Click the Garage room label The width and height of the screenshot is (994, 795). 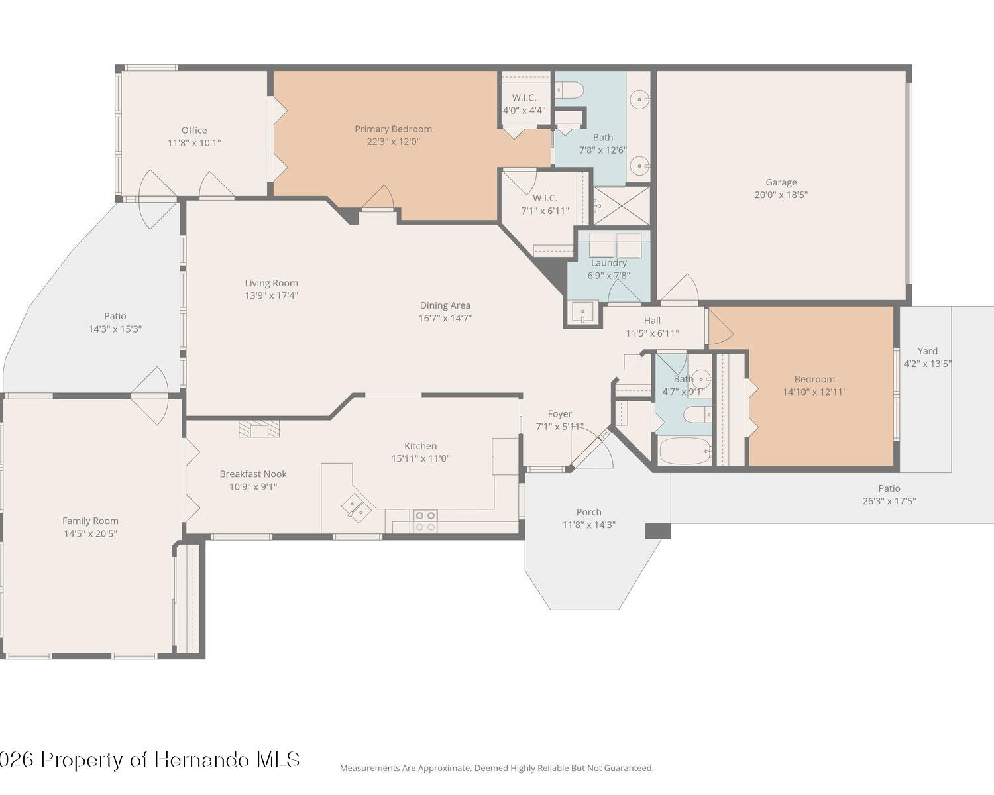click(781, 182)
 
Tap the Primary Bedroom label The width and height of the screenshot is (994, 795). click(393, 129)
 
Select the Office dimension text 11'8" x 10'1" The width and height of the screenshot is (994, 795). click(194, 143)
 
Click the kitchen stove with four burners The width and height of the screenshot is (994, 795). click(425, 521)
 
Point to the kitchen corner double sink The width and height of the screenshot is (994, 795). click(356, 508)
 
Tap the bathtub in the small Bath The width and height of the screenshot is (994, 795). click(685, 451)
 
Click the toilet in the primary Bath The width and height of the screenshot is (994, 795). click(569, 89)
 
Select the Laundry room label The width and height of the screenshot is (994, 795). click(609, 263)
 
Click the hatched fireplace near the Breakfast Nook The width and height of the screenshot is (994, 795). click(259, 429)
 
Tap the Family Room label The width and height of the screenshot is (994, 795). click(90, 521)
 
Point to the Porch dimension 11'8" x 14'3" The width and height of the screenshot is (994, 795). click(589, 525)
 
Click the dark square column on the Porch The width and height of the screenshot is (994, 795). click(658, 531)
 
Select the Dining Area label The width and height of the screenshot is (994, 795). click(445, 305)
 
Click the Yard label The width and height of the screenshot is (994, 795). click(928, 351)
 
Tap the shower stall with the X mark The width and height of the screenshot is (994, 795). click(622, 206)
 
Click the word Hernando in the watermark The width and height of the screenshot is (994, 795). click(202, 760)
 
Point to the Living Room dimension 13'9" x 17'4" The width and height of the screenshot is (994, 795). click(271, 295)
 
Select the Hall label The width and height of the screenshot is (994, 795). click(652, 321)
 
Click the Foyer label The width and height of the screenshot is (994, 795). click(560, 414)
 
